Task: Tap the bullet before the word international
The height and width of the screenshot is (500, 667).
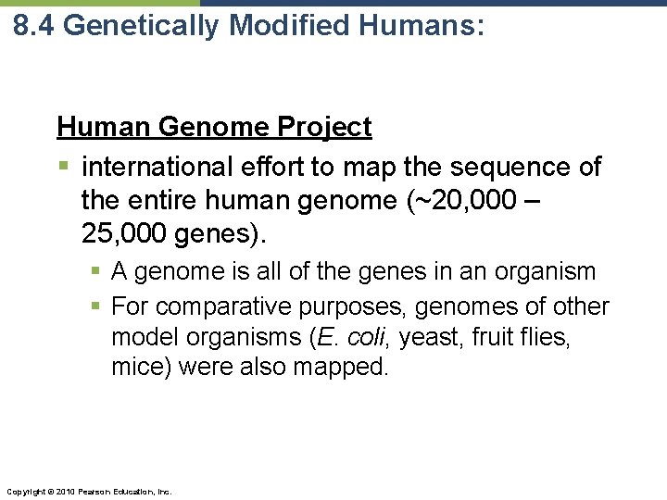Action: [x=63, y=168]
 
